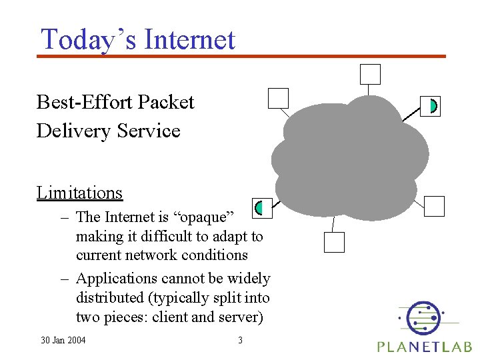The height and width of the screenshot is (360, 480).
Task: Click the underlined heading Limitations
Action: coord(80,193)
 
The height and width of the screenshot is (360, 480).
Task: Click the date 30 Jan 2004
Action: coord(63,341)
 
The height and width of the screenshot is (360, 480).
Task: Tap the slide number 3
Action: coord(240,341)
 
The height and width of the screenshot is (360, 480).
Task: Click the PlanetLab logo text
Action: coord(424,346)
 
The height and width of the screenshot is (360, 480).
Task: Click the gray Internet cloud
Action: coord(347,160)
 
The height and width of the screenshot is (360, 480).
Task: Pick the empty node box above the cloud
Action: coord(370,74)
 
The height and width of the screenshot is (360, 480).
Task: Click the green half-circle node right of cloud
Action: coord(431,105)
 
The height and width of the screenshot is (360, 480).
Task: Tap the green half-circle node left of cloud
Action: coord(262,207)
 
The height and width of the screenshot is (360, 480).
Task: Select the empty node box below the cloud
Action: coord(334,242)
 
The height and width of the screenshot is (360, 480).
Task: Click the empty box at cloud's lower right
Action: coord(434,206)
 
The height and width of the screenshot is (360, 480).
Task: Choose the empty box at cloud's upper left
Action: coord(278,98)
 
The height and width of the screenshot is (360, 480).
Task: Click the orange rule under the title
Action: coord(240,56)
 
